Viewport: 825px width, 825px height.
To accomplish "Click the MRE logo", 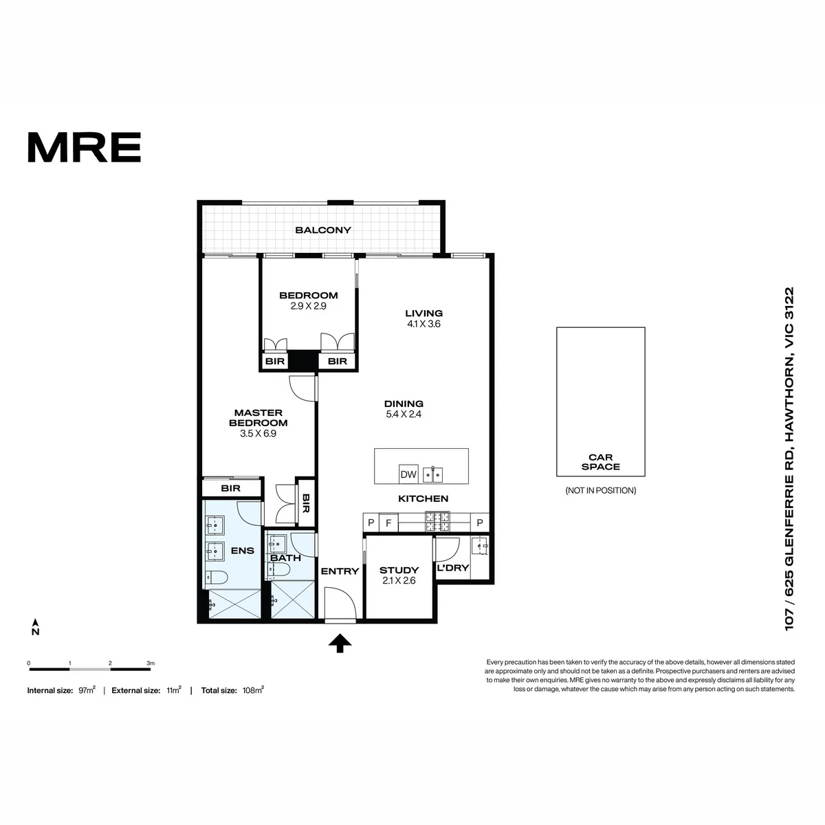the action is coord(85,147).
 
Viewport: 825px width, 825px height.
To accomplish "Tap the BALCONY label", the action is coord(323,230).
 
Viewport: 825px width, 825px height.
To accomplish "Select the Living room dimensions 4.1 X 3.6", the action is coord(423,324).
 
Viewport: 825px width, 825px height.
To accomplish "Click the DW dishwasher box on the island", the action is coord(408,474).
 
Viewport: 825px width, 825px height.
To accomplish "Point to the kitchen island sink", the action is coord(432,475).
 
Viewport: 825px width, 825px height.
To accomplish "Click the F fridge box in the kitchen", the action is coord(388,522).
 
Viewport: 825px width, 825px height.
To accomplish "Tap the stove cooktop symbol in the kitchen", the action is coord(437,522).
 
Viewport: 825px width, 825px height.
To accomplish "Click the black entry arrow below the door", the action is coord(340,643).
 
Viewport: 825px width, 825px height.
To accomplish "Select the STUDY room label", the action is coord(399,570).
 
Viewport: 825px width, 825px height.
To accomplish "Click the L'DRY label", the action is coord(452,568).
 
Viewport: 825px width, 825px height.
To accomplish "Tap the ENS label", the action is coord(242,551).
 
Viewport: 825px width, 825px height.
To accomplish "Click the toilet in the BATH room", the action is coord(278,569).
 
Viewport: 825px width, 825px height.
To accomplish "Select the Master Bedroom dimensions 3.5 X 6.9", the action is coord(258,433).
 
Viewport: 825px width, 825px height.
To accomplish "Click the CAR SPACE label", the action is coord(600,462).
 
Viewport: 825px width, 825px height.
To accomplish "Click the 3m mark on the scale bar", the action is coord(151,663).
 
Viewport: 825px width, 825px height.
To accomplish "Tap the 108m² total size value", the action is coord(253,690).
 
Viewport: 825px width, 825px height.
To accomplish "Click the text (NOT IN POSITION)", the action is coord(601,490).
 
